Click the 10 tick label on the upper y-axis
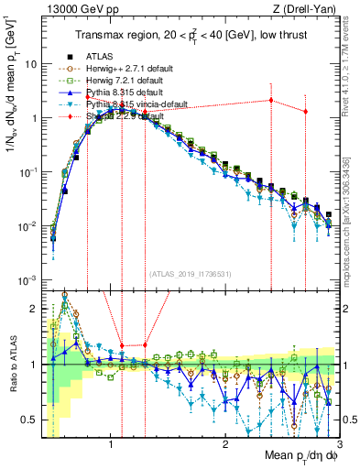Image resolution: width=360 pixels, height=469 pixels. coord(31,65)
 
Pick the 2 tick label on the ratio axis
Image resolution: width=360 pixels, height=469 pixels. coord(34,310)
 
